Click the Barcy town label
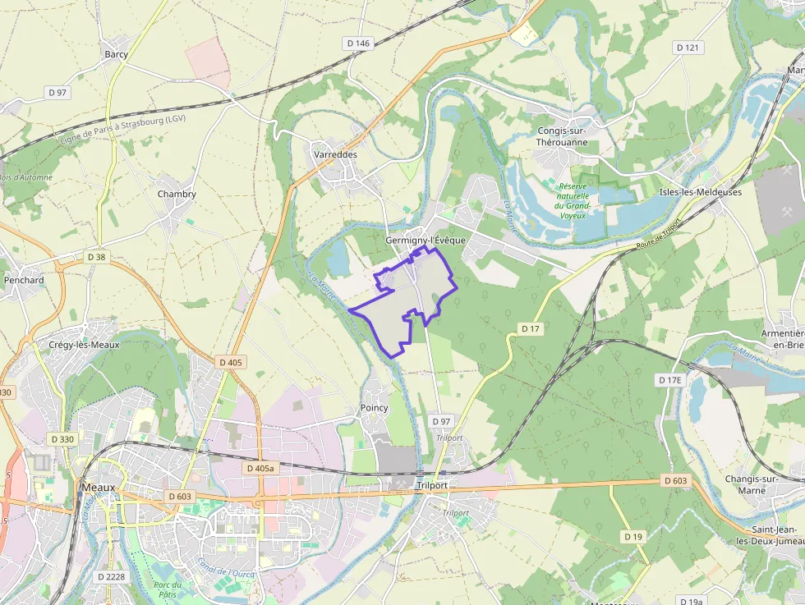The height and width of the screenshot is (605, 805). pyautogui.click(x=116, y=54)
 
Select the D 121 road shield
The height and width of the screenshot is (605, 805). pyautogui.click(x=688, y=48)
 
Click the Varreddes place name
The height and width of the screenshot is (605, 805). pyautogui.click(x=334, y=154)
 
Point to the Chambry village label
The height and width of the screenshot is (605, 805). pyautogui.click(x=177, y=195)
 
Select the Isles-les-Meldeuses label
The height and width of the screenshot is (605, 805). pyautogui.click(x=700, y=192)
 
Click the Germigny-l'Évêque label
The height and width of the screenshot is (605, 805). pyautogui.click(x=425, y=240)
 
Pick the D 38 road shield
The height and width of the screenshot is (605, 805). pyautogui.click(x=96, y=257)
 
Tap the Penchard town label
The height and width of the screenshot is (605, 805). pyautogui.click(x=23, y=280)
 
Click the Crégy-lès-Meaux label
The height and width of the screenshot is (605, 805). pyautogui.click(x=85, y=345)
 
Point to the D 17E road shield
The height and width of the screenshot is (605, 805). pyautogui.click(x=670, y=380)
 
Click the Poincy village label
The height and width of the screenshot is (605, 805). pyautogui.click(x=374, y=408)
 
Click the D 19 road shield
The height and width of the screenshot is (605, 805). pyautogui.click(x=632, y=536)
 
